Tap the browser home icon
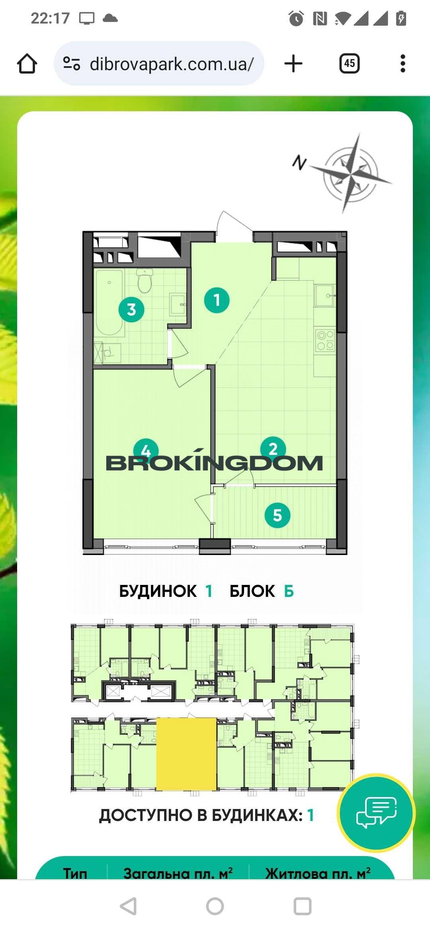(27, 64)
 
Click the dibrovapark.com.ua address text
(172, 64)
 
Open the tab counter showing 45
(350, 63)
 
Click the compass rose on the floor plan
(350, 174)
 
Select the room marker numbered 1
(217, 300)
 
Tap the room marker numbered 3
(131, 309)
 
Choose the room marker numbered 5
(278, 515)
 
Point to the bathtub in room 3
(109, 303)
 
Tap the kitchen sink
(324, 295)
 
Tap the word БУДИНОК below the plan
(158, 591)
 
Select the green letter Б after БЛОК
(289, 591)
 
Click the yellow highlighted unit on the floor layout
(186, 754)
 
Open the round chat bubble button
(376, 812)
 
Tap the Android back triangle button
(129, 906)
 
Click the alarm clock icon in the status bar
(296, 18)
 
